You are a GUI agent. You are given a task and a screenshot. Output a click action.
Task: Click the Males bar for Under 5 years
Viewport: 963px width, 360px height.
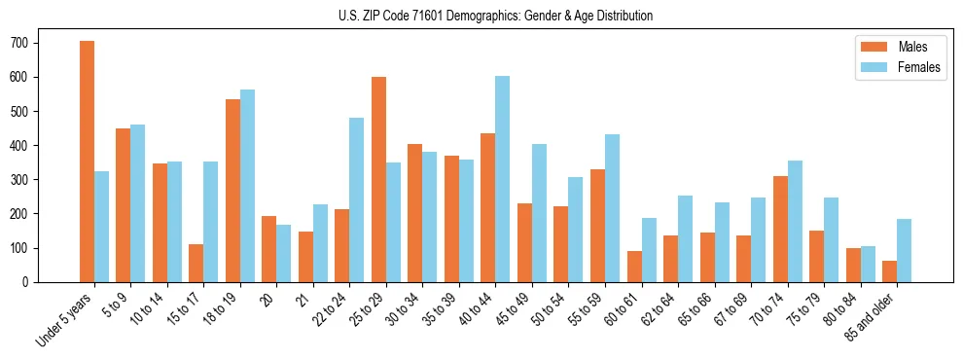click(x=87, y=162)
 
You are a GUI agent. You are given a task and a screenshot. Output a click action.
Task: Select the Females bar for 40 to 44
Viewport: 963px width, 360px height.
click(x=503, y=179)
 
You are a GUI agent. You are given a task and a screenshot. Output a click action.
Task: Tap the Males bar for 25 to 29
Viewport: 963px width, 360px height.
click(x=378, y=179)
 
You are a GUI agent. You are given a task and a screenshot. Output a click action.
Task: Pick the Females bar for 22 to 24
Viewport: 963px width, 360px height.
click(x=357, y=199)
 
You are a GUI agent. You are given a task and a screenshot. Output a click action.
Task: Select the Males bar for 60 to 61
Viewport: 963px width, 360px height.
click(x=634, y=267)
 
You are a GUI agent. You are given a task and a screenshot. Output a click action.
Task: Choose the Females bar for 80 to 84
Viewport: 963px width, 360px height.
click(x=868, y=264)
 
